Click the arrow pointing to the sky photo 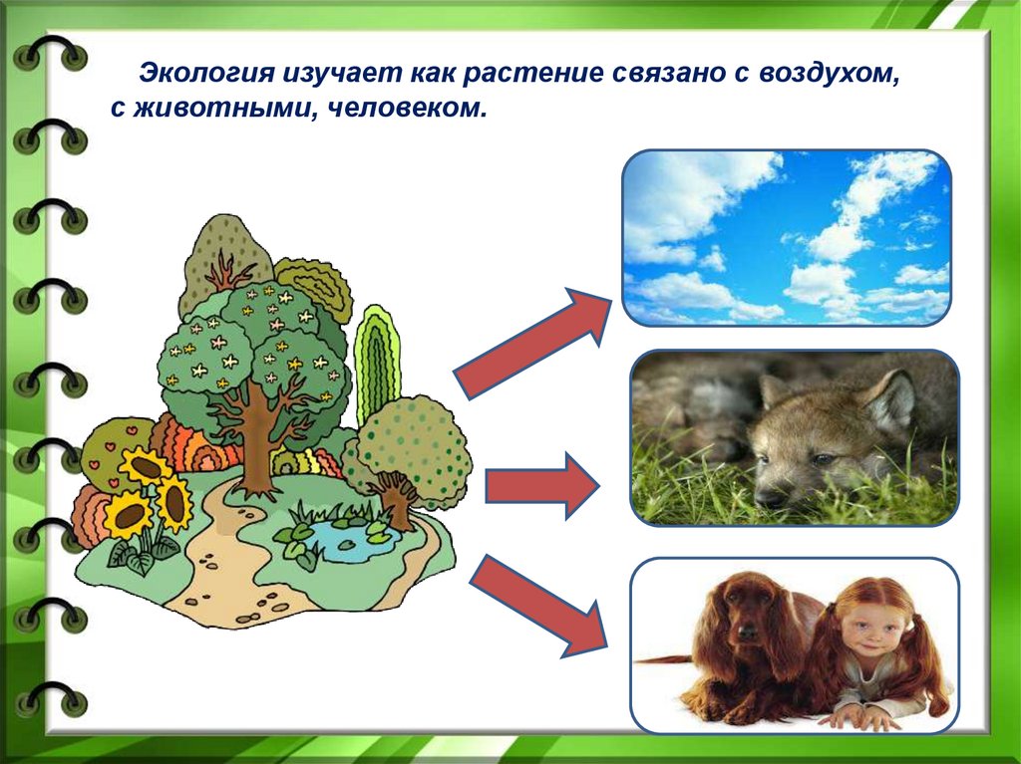click(x=532, y=343)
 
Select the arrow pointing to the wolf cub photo click(x=542, y=486)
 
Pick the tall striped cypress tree click(x=377, y=365)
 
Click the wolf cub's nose click(x=767, y=497)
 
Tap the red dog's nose click(x=746, y=632)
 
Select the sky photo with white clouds click(x=787, y=237)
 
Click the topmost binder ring click(x=50, y=52)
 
